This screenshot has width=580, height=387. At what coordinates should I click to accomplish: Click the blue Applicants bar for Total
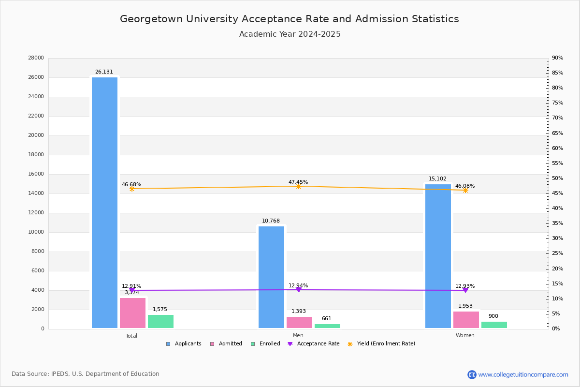point(104,203)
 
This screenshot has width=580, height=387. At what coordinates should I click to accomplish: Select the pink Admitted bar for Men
point(299,322)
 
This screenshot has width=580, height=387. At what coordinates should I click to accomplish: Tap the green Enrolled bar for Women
point(494,325)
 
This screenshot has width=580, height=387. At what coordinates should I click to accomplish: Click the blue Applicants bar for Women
point(438,256)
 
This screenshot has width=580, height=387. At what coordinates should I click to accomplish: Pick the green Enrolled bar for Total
point(160,321)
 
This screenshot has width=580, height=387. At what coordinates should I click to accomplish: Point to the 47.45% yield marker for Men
point(298,186)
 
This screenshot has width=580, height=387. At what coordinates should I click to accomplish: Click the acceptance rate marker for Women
point(465,290)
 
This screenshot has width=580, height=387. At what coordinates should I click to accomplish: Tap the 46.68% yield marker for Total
point(131,189)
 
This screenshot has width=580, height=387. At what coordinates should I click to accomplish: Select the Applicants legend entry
point(184,344)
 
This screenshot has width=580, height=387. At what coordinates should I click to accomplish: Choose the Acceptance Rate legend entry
point(314,344)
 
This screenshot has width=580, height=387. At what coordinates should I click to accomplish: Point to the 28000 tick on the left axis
point(36,58)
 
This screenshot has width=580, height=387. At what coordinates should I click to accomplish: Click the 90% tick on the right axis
point(557,58)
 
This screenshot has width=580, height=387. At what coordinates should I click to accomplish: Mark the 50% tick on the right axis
point(557,179)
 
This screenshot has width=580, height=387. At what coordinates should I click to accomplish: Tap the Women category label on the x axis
point(465,336)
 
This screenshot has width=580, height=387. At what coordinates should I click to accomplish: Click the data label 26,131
point(104,72)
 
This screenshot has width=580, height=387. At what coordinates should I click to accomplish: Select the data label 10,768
point(271,221)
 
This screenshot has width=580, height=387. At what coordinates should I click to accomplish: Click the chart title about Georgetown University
point(290,19)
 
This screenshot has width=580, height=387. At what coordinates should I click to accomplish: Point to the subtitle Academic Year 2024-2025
point(290,34)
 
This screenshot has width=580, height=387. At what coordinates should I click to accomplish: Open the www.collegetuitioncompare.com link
point(523,374)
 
